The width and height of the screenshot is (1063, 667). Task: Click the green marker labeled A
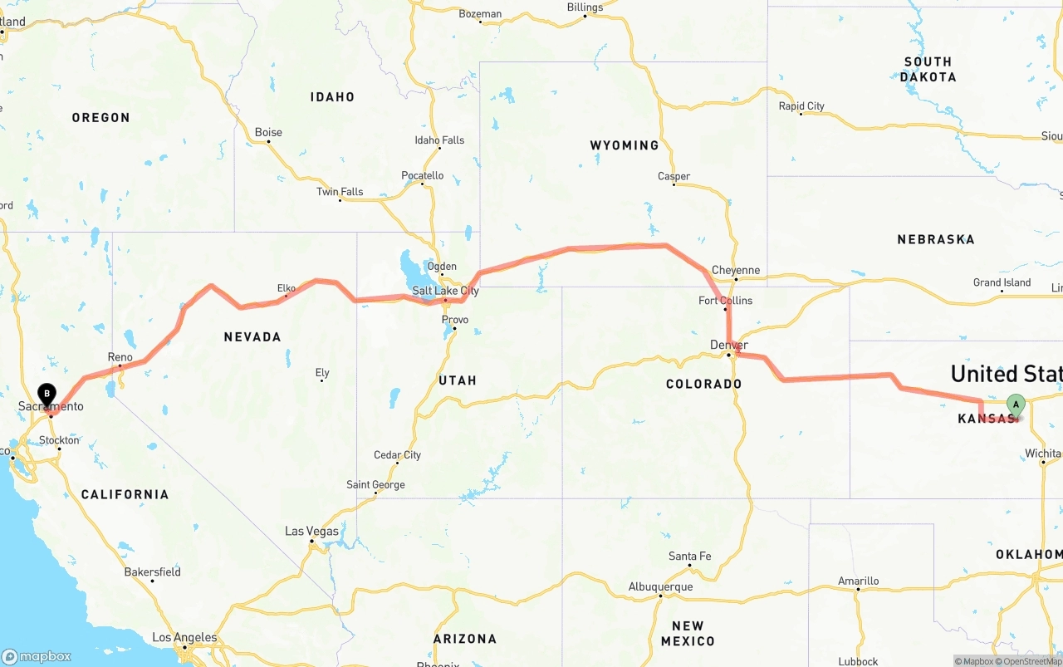(1015, 405)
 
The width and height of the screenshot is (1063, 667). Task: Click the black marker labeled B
(47, 393)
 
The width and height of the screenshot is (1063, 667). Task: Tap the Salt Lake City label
(446, 291)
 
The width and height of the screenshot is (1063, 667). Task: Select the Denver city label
(729, 345)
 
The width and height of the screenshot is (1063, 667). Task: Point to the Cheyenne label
(736, 270)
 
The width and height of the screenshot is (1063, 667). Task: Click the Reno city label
(120, 357)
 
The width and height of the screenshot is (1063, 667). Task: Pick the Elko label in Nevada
(286, 288)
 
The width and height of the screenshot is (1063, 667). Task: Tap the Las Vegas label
(311, 531)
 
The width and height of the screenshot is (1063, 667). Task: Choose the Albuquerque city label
(660, 586)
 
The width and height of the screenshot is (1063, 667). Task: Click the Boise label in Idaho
(268, 132)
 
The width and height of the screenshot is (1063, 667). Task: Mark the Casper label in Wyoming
(674, 176)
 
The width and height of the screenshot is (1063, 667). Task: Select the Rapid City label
(801, 106)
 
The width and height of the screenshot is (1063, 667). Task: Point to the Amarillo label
(858, 581)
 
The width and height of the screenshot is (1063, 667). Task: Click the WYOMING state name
(624, 145)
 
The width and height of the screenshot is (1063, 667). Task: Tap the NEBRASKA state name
(935, 239)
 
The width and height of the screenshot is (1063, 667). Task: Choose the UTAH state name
(457, 380)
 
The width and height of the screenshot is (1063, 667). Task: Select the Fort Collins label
(725, 300)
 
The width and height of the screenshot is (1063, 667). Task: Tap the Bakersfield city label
(152, 571)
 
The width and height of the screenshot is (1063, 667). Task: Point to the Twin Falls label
(340, 192)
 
